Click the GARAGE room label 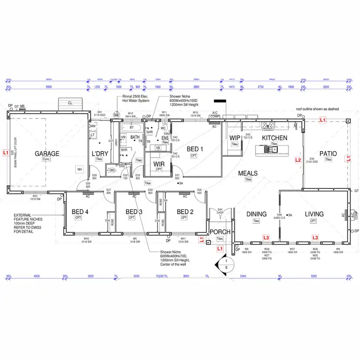[x=47, y=154]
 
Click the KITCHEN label [x=275, y=138]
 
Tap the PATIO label [x=328, y=154]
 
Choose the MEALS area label [x=248, y=173]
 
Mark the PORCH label [x=220, y=232]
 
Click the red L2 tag [x=298, y=160]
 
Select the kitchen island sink [x=272, y=150]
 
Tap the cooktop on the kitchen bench [x=268, y=126]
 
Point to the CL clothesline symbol [x=70, y=103]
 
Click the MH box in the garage [x=80, y=169]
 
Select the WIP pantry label [x=235, y=138]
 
